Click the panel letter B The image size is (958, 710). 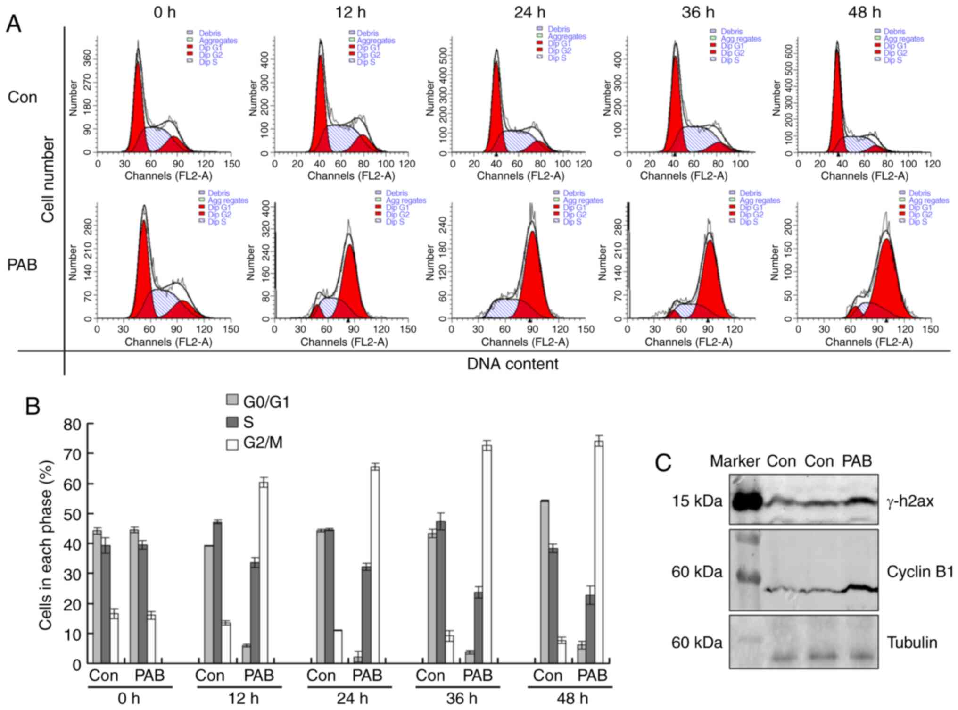pos(32,406)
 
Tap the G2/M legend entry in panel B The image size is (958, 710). pos(262,443)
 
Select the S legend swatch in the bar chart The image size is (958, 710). pos(232,422)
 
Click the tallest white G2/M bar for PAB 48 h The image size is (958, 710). pos(599,552)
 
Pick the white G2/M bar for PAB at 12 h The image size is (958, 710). pos(264,573)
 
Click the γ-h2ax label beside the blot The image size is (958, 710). pos(910,501)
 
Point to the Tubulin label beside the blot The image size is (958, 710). pos(912,643)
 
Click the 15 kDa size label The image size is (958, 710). pos(697,501)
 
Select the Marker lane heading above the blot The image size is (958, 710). pos(735,461)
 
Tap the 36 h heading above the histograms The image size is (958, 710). pos(698,12)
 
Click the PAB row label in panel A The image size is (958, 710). pos(22,265)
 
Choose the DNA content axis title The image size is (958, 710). pos(512,364)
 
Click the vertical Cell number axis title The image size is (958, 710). pos(48,179)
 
